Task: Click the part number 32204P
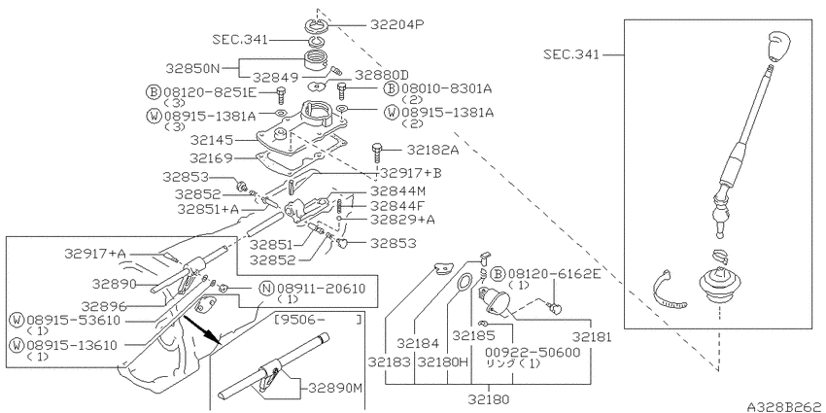click(397, 24)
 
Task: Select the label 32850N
click(192, 68)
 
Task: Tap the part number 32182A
click(432, 150)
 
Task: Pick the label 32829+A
click(402, 220)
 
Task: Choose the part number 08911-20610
click(321, 289)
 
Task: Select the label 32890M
click(335, 389)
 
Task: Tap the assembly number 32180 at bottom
click(489, 399)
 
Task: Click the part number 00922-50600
click(533, 352)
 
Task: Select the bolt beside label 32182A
click(377, 154)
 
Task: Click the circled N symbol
click(267, 289)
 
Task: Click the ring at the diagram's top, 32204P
click(317, 24)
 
